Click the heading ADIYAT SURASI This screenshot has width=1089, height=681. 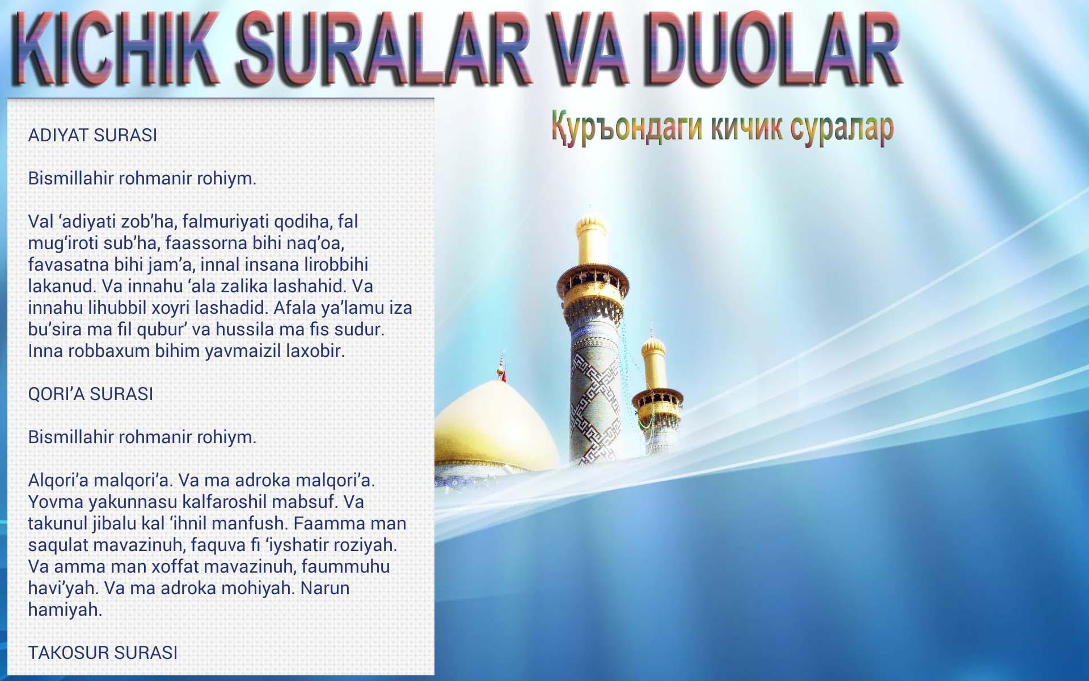pyautogui.click(x=92, y=135)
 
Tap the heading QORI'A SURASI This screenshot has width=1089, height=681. pyautogui.click(x=91, y=394)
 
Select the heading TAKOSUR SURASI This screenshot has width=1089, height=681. pyautogui.click(x=103, y=653)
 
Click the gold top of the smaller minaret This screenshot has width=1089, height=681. pyautogui.click(x=653, y=360)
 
